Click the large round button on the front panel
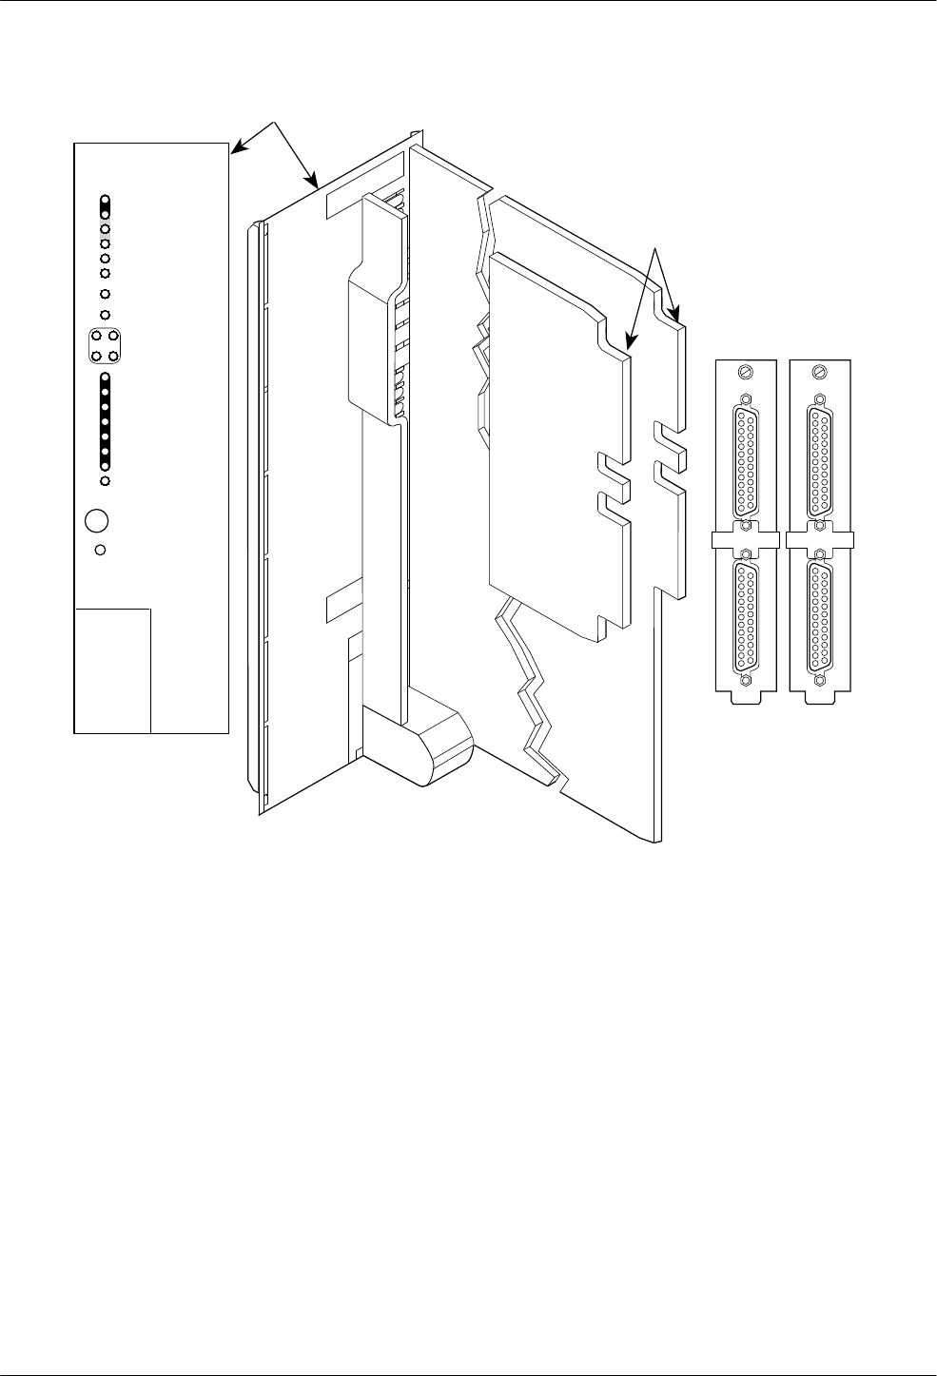click(x=96, y=521)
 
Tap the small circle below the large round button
click(x=101, y=550)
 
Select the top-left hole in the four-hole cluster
click(x=97, y=337)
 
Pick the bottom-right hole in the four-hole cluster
click(x=113, y=355)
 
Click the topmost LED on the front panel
click(x=106, y=202)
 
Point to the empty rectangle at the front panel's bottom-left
click(x=112, y=669)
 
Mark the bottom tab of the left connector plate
click(x=745, y=696)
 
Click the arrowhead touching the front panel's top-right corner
click(x=237, y=146)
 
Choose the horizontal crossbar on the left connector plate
click(x=745, y=540)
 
